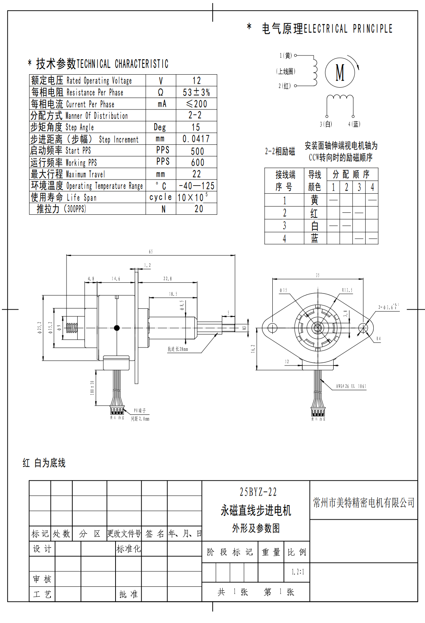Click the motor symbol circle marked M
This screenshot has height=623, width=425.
coord(340,72)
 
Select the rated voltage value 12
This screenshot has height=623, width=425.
coord(196,81)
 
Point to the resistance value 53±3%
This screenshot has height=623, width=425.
coord(196,92)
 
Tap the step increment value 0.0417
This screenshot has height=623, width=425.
coord(196,139)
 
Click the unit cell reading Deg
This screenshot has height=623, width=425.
coord(160,127)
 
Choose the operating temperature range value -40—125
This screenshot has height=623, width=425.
coord(197,186)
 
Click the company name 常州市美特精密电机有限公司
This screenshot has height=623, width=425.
coord(363,502)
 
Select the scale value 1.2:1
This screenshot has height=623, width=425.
coord(298,572)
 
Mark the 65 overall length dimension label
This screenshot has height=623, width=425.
coord(151,251)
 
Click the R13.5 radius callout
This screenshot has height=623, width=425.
coord(347,290)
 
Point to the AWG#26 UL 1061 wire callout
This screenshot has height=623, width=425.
coord(351,386)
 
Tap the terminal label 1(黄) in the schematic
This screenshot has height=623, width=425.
coord(285,56)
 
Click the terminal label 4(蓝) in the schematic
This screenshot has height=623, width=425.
coord(354,124)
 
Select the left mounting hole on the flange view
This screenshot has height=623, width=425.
coord(272,328)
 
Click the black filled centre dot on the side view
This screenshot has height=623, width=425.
coord(117,328)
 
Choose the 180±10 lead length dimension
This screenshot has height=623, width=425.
coord(92,387)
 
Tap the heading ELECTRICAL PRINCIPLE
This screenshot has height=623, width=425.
coord(348,29)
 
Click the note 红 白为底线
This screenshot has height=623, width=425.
coord(44,463)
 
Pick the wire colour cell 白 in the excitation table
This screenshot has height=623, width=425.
coord(314,226)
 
